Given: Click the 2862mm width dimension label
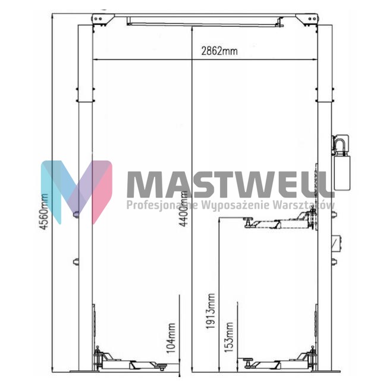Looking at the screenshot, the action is tap(219, 51).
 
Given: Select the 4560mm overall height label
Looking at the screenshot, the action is tap(44, 212).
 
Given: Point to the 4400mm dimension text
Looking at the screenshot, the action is tap(184, 208).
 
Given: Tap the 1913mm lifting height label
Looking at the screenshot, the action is tap(211, 311).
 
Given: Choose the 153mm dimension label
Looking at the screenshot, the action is tap(229, 337).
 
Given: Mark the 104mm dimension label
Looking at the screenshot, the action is tap(171, 338).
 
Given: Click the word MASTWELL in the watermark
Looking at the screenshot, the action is tap(231, 184).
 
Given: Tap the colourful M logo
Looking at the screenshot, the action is tap(77, 192).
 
